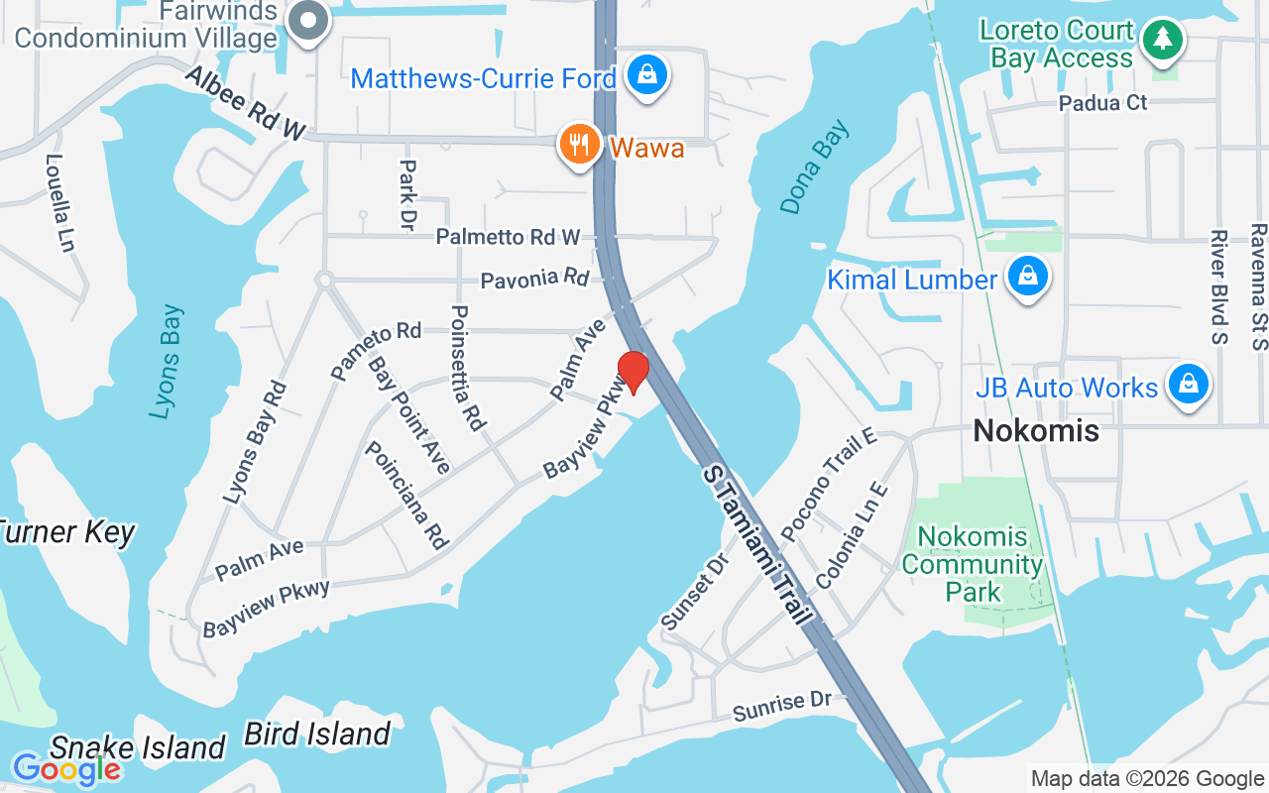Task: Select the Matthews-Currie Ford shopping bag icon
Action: pos(647,74)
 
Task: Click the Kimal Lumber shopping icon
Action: pos(1029,277)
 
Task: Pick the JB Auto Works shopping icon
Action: pos(1188,385)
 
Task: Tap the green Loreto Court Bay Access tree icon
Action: pos(1162,41)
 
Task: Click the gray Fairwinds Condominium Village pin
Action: pos(309,20)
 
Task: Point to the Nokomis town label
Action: pos(1036,430)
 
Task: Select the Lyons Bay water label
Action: pos(168,361)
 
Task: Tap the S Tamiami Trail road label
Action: pos(757,543)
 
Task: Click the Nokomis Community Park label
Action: pos(973,564)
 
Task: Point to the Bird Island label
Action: pos(317,735)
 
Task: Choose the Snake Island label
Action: pos(138,747)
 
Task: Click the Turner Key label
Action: pos(65,532)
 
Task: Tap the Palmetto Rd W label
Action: pos(508,237)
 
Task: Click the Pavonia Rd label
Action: pos(534,280)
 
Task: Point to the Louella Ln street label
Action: pos(59,202)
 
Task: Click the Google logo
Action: pos(65,768)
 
